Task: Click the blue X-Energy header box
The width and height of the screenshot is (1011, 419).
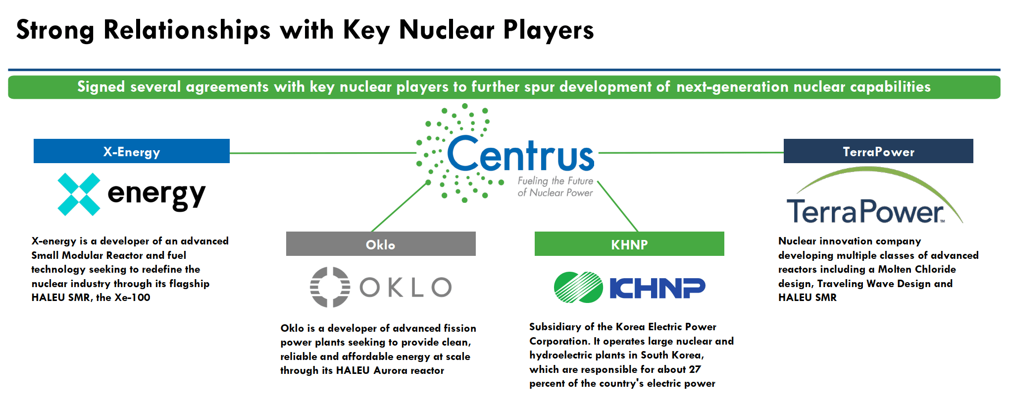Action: (x=131, y=151)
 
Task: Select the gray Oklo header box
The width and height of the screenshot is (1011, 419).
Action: (x=380, y=244)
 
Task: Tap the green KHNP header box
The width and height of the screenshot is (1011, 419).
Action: (x=629, y=244)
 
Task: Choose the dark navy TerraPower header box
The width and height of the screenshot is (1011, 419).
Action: (x=878, y=151)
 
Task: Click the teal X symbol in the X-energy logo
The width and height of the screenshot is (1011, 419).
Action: (x=79, y=194)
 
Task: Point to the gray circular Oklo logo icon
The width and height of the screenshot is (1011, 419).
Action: (x=330, y=287)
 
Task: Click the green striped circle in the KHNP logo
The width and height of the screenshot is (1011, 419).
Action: (x=578, y=287)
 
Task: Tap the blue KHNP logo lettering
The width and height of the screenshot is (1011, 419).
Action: (x=657, y=288)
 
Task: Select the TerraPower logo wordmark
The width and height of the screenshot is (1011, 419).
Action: (x=865, y=212)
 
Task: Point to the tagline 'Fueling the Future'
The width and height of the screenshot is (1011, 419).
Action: (x=555, y=181)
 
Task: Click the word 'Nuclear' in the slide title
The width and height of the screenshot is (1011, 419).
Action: (x=446, y=30)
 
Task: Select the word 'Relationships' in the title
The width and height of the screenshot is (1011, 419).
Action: (x=187, y=30)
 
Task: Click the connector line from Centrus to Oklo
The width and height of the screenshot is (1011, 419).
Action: (x=399, y=207)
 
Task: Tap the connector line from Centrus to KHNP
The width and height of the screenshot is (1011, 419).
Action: (x=618, y=206)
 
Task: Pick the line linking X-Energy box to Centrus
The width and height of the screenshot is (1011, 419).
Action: (x=322, y=153)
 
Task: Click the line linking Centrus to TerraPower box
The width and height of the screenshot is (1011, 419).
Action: (x=691, y=153)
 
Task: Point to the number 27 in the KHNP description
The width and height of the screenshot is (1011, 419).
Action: (x=695, y=369)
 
